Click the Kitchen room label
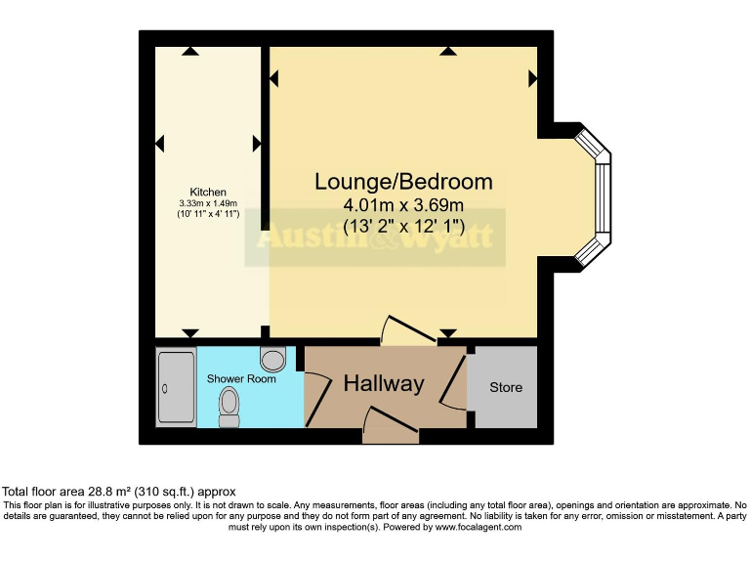208,192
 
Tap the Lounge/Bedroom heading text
403,182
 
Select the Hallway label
384,384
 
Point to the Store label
506,387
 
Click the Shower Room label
241,378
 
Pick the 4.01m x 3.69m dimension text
403,205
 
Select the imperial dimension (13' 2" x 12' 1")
403,228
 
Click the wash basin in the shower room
273,360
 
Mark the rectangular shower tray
177,387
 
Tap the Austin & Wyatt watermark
374,238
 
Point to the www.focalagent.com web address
479,527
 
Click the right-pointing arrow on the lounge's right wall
532,76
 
